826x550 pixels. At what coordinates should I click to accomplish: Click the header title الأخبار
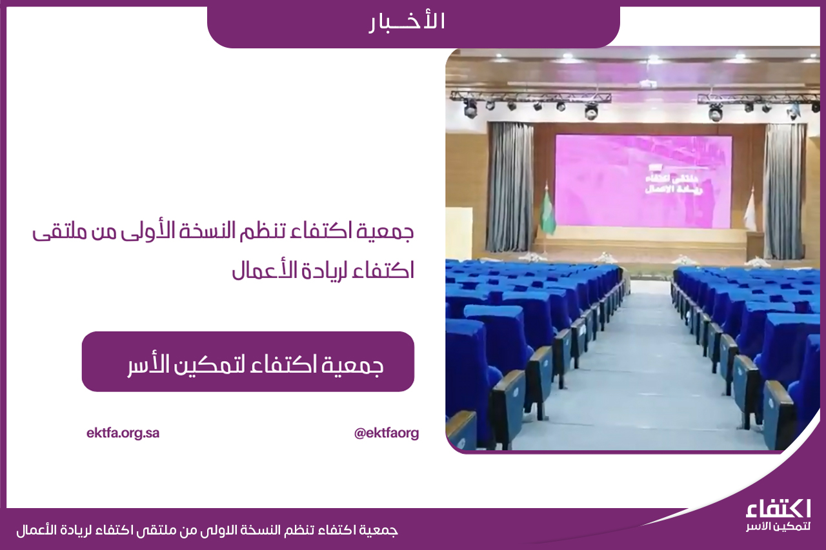[407, 22]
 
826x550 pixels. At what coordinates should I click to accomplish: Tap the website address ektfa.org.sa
[123, 433]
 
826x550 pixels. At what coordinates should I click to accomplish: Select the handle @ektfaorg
[386, 433]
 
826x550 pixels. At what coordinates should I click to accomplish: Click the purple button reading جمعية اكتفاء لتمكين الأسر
[248, 361]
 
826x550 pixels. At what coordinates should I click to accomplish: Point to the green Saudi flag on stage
[548, 212]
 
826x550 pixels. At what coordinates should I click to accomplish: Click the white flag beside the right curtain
[750, 210]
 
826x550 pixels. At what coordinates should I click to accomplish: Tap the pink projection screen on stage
[643, 181]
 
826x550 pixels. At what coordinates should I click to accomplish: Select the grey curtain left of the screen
[510, 187]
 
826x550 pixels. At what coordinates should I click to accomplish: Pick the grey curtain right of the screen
[784, 192]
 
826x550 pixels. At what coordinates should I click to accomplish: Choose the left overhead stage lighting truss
[530, 97]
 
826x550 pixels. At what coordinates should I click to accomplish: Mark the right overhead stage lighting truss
[758, 99]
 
